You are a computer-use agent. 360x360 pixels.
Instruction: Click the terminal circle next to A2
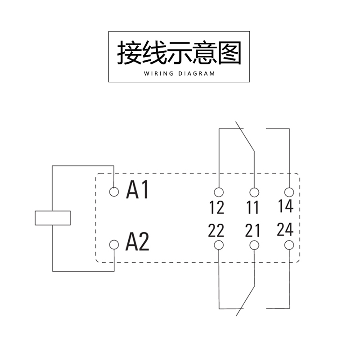click(114, 245)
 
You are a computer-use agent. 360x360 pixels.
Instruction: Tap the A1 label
click(137, 190)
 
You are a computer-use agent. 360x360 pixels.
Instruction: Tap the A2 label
click(137, 243)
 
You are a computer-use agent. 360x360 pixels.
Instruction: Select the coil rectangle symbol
click(53, 217)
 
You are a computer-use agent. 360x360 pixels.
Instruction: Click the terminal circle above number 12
click(219, 192)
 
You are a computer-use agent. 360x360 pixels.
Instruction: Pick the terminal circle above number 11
click(255, 192)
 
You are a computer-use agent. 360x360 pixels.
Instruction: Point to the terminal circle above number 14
click(288, 192)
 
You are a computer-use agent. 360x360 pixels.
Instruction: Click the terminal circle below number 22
click(219, 245)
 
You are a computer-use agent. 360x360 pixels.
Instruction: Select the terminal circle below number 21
click(255, 245)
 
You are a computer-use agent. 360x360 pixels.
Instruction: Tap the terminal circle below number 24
click(288, 245)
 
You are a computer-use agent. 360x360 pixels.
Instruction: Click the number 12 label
click(217, 208)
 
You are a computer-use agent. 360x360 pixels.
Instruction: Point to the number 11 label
click(253, 208)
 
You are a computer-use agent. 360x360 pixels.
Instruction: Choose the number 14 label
click(285, 206)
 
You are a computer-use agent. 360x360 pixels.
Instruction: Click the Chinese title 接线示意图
click(179, 54)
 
